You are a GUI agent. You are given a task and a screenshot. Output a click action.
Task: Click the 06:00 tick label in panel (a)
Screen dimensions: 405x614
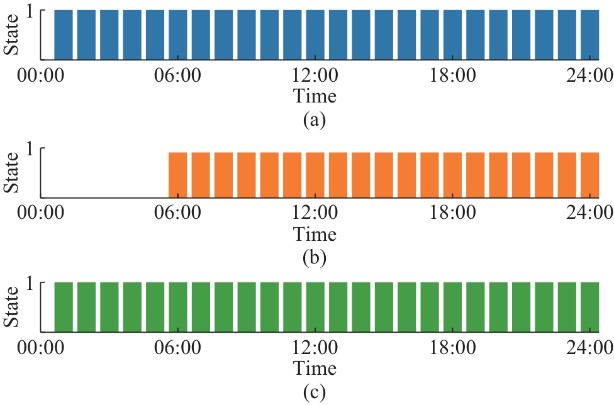(x=178, y=77)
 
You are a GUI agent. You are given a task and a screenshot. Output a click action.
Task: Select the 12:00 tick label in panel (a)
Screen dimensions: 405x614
(x=315, y=77)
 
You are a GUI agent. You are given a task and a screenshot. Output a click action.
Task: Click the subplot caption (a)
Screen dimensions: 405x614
(x=314, y=119)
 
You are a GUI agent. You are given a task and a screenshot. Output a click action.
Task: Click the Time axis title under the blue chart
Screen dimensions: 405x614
(x=315, y=97)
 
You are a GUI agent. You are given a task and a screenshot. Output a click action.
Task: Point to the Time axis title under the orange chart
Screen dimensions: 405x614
(x=315, y=234)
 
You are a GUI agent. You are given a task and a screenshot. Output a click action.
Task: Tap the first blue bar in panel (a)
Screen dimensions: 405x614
(x=64, y=35)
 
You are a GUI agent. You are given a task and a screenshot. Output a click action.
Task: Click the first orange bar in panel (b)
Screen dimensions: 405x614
(x=178, y=175)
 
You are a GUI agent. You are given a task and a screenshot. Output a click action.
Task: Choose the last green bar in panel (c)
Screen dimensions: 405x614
(x=589, y=308)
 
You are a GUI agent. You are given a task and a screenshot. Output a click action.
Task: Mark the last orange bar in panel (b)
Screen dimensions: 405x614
(x=589, y=175)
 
